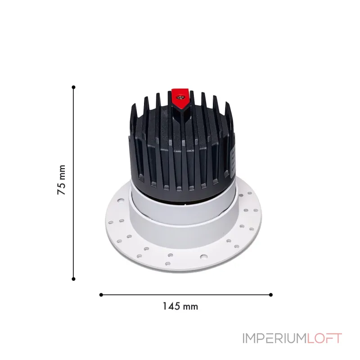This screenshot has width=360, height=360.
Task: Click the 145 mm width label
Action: [x=180, y=306]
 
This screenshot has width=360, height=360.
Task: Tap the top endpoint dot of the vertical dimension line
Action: [x=73, y=87]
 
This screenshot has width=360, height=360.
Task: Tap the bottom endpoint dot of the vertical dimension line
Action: [x=73, y=279]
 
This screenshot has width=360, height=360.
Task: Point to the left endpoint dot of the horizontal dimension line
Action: [x=101, y=295]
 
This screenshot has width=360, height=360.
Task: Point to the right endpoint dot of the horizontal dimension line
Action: [x=271, y=295]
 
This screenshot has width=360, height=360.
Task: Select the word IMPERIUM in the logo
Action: [x=274, y=338]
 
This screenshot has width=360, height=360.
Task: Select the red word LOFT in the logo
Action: [x=325, y=338]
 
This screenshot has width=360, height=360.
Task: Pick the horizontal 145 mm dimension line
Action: [x=135, y=295]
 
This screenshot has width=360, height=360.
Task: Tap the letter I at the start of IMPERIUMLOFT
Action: [x=244, y=338]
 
